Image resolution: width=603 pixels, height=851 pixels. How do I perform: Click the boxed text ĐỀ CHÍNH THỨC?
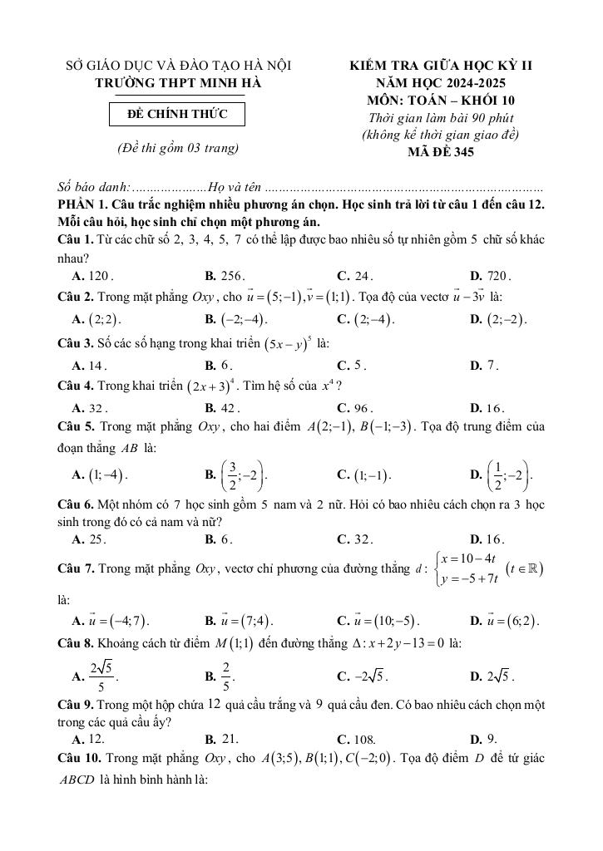179,113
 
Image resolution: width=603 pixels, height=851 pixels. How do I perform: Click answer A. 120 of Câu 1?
93,276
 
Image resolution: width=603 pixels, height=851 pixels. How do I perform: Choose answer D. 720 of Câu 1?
491,276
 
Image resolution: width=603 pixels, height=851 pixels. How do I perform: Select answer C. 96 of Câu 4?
355,408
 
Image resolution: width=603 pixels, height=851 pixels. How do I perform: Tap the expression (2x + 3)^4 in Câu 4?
210,386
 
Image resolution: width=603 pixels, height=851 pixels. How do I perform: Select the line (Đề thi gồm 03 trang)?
179,149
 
